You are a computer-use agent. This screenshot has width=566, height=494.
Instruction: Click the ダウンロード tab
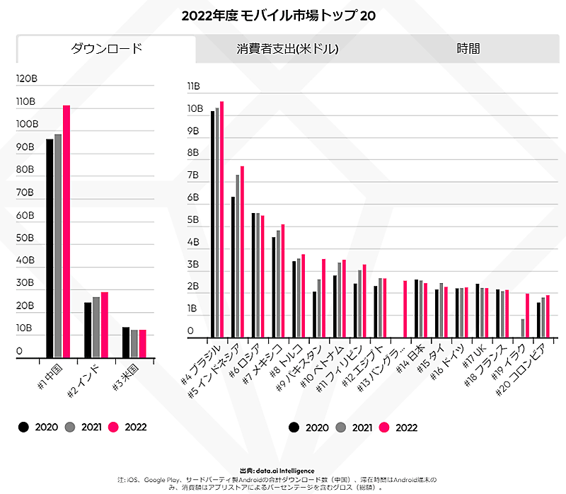(106, 49)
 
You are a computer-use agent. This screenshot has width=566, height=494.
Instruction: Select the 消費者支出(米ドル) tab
(287, 49)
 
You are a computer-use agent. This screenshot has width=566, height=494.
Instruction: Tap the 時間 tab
(468, 49)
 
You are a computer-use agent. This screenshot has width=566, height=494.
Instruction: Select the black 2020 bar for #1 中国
(50, 248)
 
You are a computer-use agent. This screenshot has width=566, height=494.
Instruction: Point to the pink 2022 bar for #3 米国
(142, 343)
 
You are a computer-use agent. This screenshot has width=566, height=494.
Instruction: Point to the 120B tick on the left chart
(25, 79)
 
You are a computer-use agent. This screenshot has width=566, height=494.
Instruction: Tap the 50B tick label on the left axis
(25, 238)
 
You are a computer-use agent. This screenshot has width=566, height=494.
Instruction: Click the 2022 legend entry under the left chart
(128, 427)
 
